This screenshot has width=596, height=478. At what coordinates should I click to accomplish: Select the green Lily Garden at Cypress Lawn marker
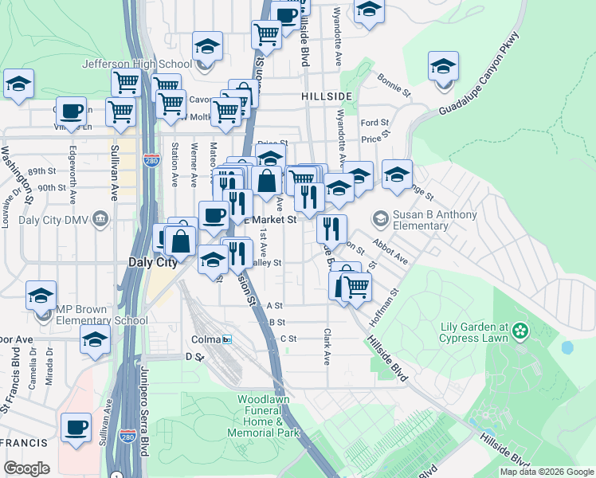point(521,330)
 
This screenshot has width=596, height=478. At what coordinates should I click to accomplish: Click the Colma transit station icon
point(227,339)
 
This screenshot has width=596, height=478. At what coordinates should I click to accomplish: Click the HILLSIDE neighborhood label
point(327,96)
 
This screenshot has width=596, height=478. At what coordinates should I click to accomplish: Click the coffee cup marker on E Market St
point(213,215)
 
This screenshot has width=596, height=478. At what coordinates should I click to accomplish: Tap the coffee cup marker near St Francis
point(76,427)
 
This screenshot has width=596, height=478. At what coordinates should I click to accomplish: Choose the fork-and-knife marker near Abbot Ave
point(331,229)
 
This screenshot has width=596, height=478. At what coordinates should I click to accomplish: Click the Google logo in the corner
point(27,468)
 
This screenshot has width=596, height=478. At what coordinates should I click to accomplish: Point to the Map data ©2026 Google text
point(547,472)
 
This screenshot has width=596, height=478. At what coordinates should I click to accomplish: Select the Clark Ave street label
point(327,347)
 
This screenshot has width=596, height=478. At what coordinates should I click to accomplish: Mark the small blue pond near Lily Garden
point(567,347)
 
